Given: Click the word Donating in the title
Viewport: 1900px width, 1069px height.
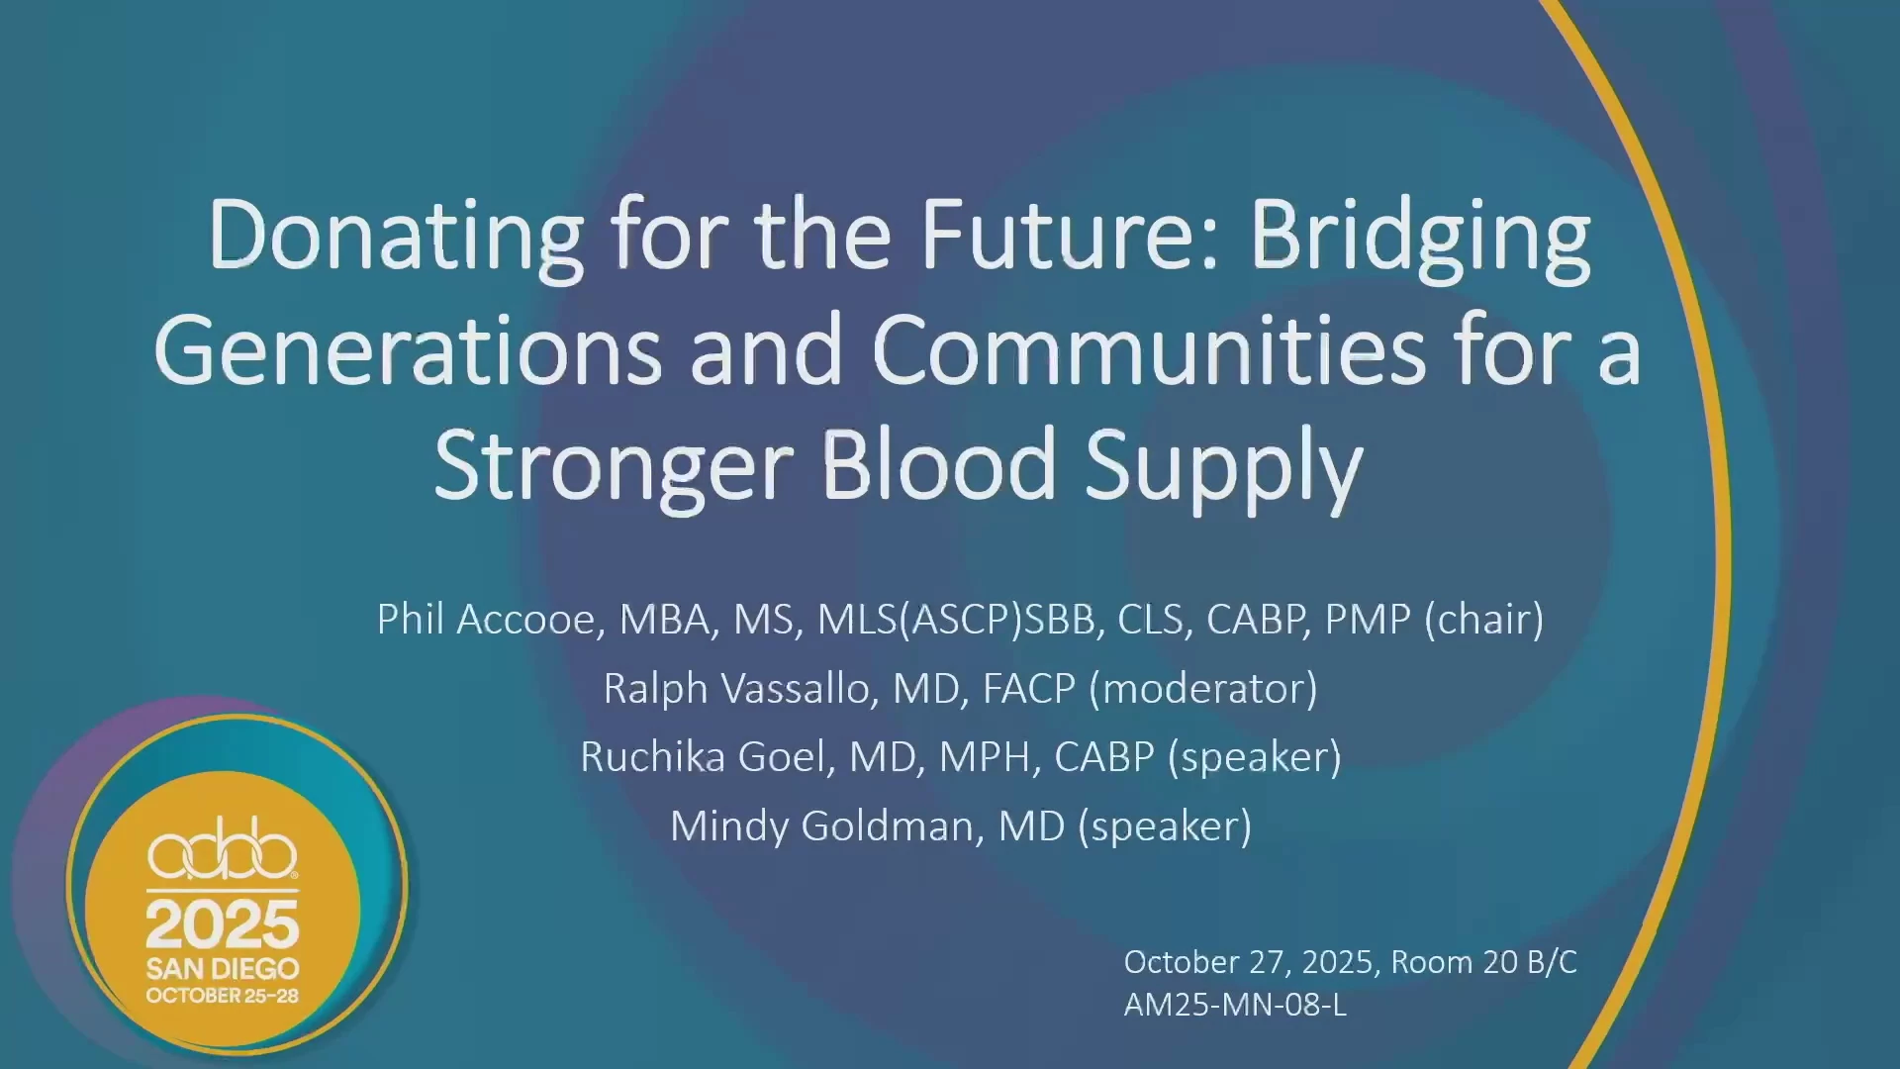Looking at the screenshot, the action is point(396,238).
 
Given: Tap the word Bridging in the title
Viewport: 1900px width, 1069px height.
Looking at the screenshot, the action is point(1420,238).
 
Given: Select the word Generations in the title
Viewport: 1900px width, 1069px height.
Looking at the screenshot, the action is point(408,350).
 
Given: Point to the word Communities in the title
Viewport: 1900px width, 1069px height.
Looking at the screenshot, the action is point(1149,350).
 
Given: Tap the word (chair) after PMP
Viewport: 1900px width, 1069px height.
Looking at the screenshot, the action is point(1483,621).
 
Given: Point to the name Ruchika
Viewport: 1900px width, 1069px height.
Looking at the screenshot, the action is point(652,757).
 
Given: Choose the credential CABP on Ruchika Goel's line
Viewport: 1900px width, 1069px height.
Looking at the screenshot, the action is point(1104,757).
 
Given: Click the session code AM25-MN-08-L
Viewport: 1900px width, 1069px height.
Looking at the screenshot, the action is point(1235,1005).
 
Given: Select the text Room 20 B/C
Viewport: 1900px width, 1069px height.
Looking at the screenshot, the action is point(1483,962).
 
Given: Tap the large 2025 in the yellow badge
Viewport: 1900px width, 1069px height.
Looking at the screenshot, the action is point(223,924).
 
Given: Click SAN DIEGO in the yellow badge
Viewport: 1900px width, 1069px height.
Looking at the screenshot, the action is point(223,968).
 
